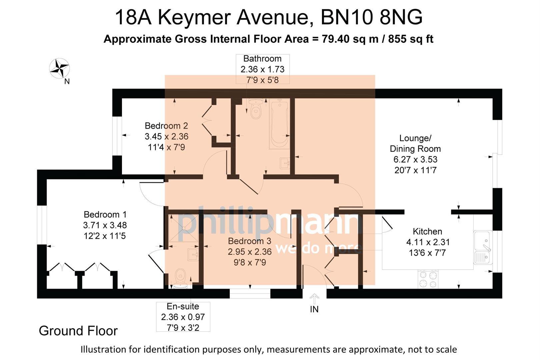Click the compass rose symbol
[x=59, y=68]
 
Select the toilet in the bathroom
[x=256, y=109]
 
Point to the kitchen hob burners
[x=428, y=279]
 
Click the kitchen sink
[x=483, y=247]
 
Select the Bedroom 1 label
[x=105, y=214]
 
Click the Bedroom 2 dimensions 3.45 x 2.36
[x=166, y=136]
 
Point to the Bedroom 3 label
[x=249, y=241]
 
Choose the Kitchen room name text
[x=427, y=231]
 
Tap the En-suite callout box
[x=183, y=317]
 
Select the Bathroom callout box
[x=262, y=69]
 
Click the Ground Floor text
[x=78, y=331]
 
